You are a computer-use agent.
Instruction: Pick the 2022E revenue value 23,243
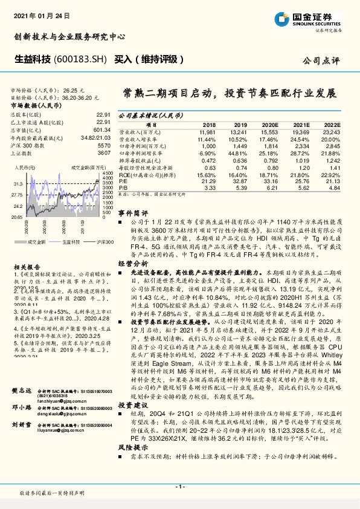click(332, 131)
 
